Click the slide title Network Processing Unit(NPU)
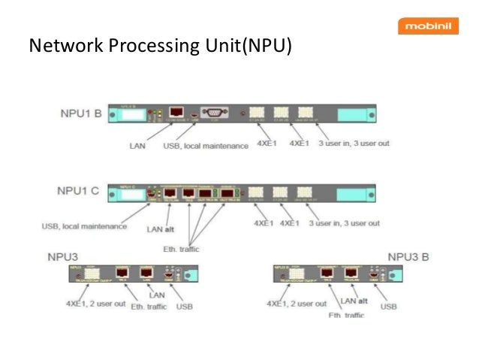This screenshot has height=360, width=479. tap(159, 47)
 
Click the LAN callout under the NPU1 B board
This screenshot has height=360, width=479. tap(137, 144)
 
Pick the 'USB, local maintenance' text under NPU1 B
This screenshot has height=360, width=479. tap(205, 144)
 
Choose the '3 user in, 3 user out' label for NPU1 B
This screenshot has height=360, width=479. tap(354, 143)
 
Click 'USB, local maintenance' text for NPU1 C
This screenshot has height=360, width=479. tap(84, 225)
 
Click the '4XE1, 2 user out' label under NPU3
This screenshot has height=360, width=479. tap(92, 304)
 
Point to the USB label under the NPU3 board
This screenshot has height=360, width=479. tap(183, 307)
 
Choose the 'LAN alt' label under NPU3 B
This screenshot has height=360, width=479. tap(357, 301)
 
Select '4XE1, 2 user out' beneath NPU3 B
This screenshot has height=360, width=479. tap(297, 304)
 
